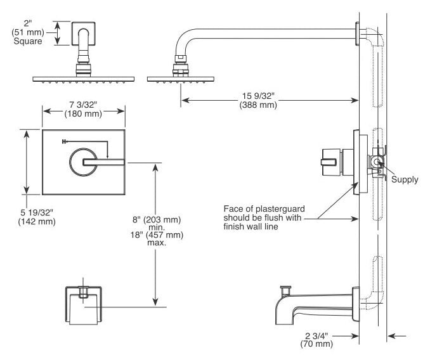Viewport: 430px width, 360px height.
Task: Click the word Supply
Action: tap(405, 179)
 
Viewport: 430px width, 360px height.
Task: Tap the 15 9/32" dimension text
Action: tap(258, 96)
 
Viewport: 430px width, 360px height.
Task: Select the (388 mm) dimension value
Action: tap(258, 105)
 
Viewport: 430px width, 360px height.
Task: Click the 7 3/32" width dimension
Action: tap(83, 105)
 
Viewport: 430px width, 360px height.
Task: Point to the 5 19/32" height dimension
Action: tap(37, 212)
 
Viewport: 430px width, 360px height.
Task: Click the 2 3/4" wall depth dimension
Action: tap(316, 336)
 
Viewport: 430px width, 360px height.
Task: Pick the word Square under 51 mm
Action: tap(28, 41)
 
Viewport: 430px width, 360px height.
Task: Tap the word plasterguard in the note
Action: tap(280, 209)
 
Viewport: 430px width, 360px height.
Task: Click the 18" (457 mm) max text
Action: tap(157, 239)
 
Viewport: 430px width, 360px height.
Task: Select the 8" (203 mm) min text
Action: tap(157, 223)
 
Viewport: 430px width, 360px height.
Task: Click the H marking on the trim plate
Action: tap(64, 141)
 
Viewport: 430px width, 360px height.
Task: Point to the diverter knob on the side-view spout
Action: tap(285, 290)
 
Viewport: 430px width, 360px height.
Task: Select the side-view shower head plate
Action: tap(181, 79)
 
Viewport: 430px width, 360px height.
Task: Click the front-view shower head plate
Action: tap(83, 79)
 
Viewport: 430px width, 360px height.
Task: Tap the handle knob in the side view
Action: tap(330, 162)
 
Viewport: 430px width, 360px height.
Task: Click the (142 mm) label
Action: tap(37, 221)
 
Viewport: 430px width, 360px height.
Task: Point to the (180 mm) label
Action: tap(83, 113)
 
